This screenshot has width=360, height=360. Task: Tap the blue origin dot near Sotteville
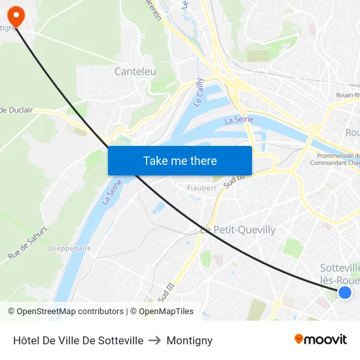(x=345, y=293)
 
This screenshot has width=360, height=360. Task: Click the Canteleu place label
(x=135, y=71)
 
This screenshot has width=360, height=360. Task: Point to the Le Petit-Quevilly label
(x=238, y=230)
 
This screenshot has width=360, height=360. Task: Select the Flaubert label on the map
(x=202, y=188)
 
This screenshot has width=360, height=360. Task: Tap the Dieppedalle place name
(x=70, y=248)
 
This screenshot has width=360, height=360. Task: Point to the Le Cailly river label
(x=199, y=93)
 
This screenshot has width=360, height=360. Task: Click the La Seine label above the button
(x=239, y=120)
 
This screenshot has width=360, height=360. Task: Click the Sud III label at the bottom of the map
(x=167, y=289)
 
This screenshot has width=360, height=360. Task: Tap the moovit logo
(x=320, y=339)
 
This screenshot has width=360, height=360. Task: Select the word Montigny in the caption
(x=189, y=340)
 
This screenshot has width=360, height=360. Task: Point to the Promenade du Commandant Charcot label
(x=338, y=159)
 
